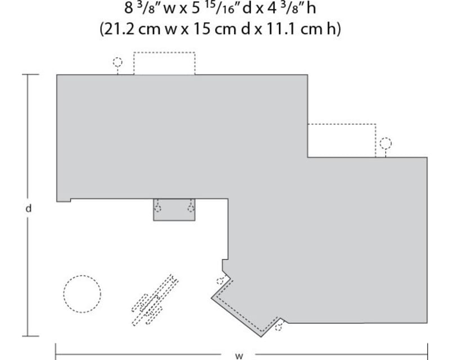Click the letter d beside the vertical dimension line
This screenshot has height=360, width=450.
point(28,208)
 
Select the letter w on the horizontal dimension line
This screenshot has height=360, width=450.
point(238,355)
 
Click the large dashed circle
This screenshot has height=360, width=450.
point(82,294)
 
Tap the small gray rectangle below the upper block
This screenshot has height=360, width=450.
point(174,209)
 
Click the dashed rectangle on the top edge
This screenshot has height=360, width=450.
point(164,63)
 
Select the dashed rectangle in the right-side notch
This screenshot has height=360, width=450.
point(341,140)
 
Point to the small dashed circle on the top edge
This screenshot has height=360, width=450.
point(118,62)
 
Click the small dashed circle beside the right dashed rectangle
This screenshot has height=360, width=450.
point(385,143)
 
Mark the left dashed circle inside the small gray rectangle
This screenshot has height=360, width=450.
point(157,208)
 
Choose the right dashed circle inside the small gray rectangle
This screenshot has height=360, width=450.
point(191,208)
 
